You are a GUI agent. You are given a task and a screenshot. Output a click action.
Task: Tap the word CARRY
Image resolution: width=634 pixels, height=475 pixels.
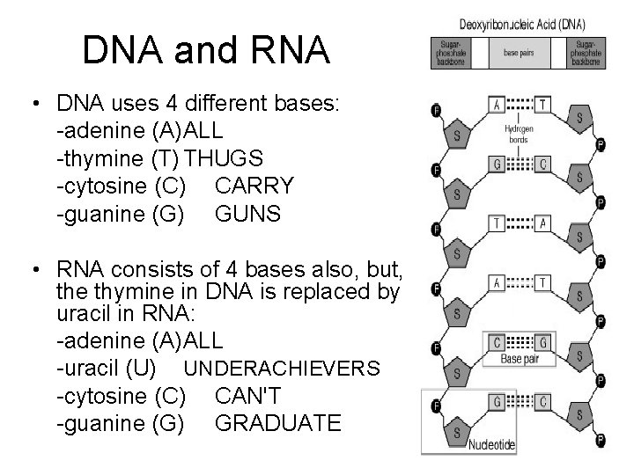[x=254, y=186]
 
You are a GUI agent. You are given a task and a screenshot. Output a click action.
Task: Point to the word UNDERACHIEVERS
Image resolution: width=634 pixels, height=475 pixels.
[x=286, y=368]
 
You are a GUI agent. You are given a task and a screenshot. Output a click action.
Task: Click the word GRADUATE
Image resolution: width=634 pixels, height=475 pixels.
[x=277, y=423]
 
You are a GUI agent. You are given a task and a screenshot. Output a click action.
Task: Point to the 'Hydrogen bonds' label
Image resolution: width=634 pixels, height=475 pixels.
[x=518, y=133]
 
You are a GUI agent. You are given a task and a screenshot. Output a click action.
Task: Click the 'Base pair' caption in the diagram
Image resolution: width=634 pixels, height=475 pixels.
[x=525, y=359]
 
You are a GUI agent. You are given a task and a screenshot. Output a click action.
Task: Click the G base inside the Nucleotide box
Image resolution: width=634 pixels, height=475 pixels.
[x=498, y=401]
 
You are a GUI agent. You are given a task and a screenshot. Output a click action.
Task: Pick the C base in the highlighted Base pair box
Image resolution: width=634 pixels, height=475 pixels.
[x=498, y=341]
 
